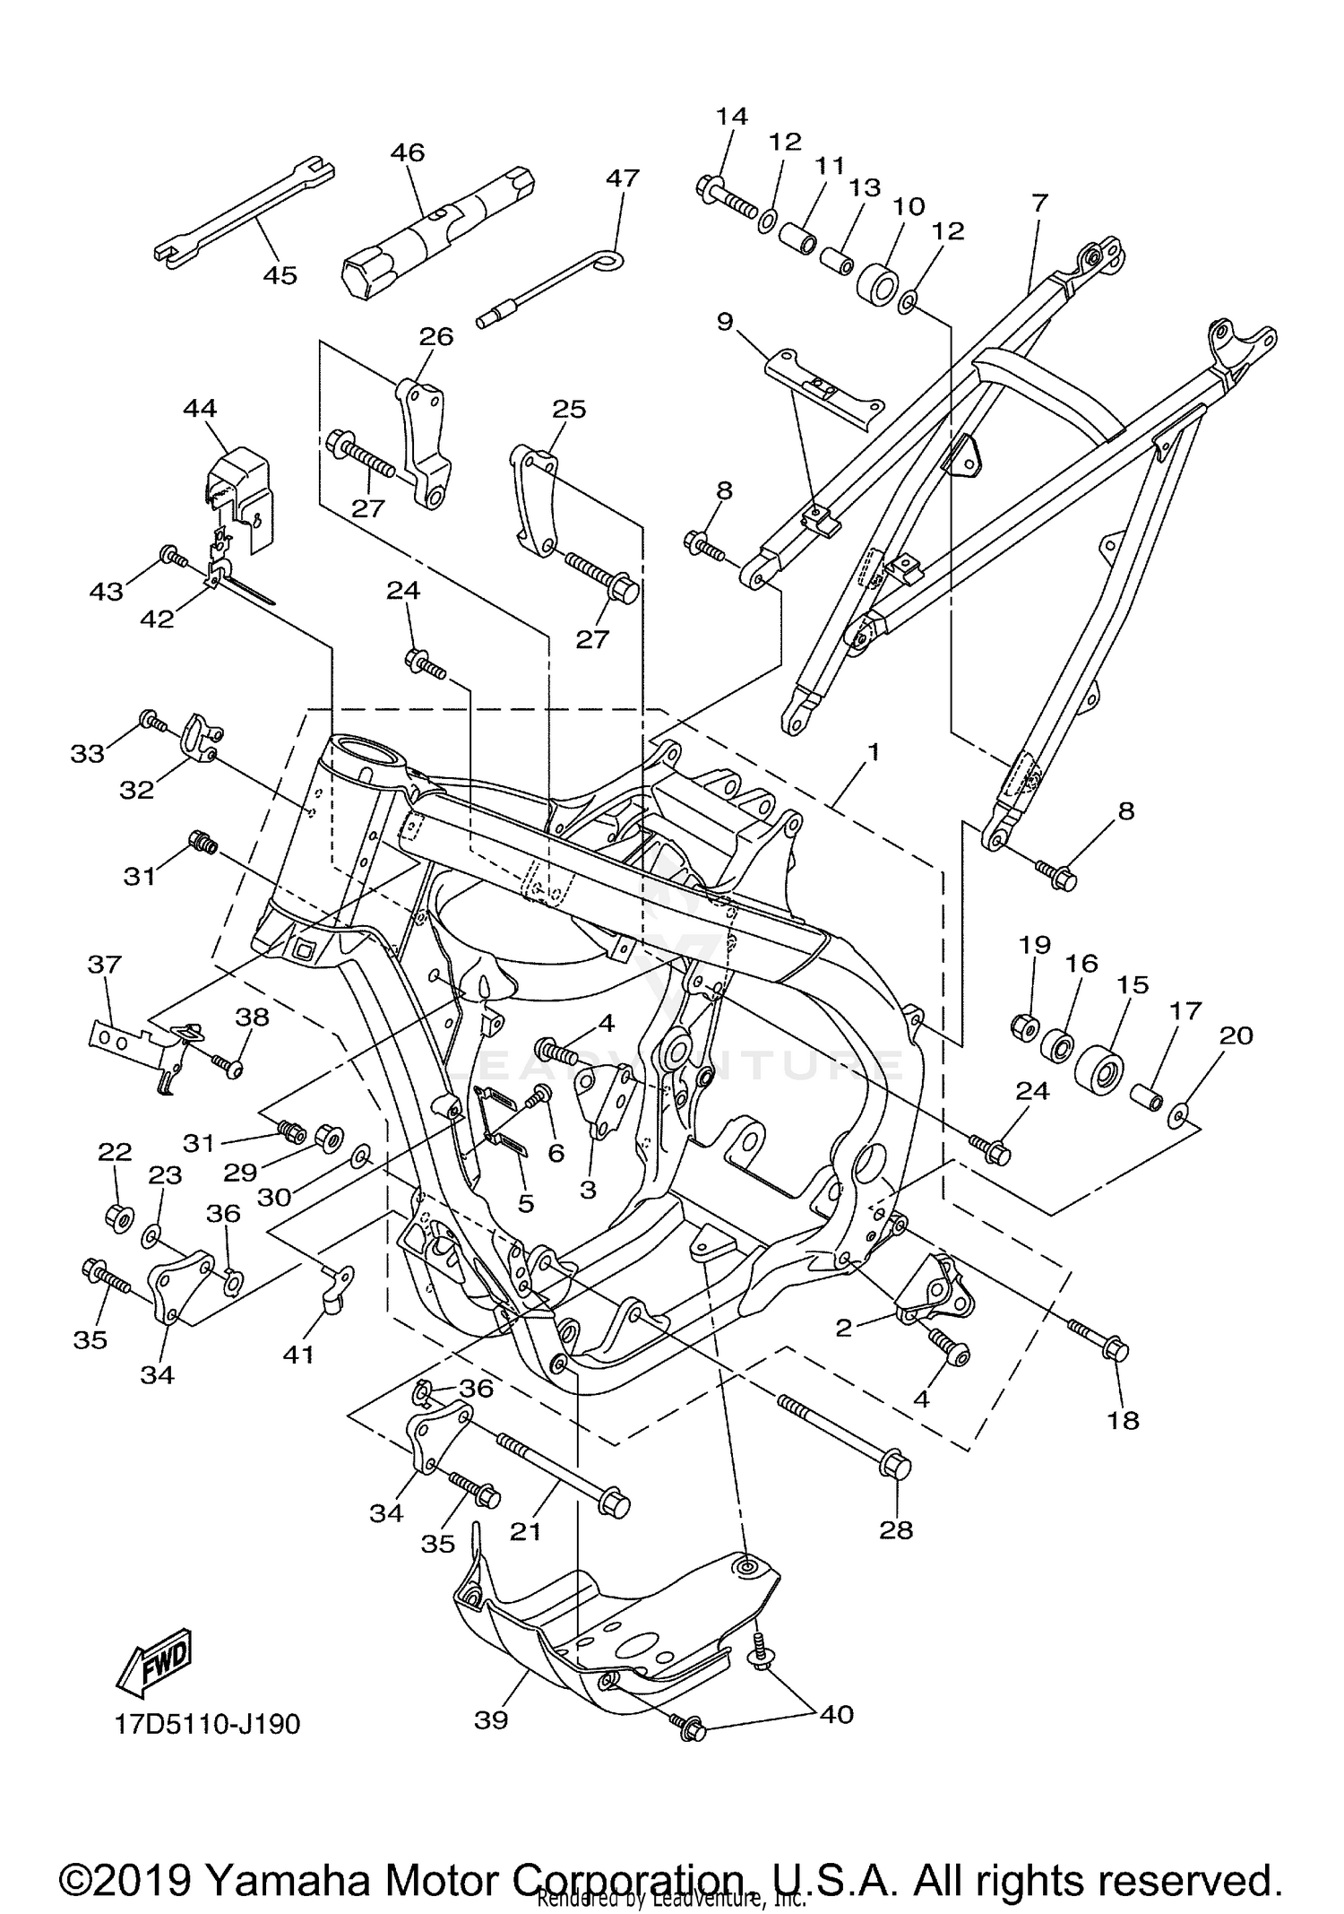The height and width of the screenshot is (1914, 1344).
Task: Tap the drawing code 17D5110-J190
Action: point(207,1724)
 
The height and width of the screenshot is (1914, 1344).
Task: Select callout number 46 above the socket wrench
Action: point(408,152)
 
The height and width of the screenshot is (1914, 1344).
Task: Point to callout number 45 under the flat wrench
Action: point(280,275)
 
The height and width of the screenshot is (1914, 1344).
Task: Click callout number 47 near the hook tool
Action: point(623,178)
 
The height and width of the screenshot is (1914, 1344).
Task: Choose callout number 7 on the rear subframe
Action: point(1039,203)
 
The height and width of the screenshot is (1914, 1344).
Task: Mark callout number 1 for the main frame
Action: point(873,751)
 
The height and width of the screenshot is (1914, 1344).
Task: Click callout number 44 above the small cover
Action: point(200,409)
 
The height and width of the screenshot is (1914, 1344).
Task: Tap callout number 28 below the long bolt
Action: point(896,1529)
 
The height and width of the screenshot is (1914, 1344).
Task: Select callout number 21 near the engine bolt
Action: point(526,1531)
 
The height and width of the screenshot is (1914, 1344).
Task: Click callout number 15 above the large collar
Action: point(1133,984)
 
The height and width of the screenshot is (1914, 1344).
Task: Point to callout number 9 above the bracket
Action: point(725,321)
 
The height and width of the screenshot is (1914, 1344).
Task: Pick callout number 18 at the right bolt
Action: point(1124,1420)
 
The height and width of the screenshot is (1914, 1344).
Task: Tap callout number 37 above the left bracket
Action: point(105,965)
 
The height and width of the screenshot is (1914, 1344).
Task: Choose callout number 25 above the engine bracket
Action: point(569,409)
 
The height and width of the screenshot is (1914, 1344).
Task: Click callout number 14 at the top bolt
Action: point(731,117)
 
